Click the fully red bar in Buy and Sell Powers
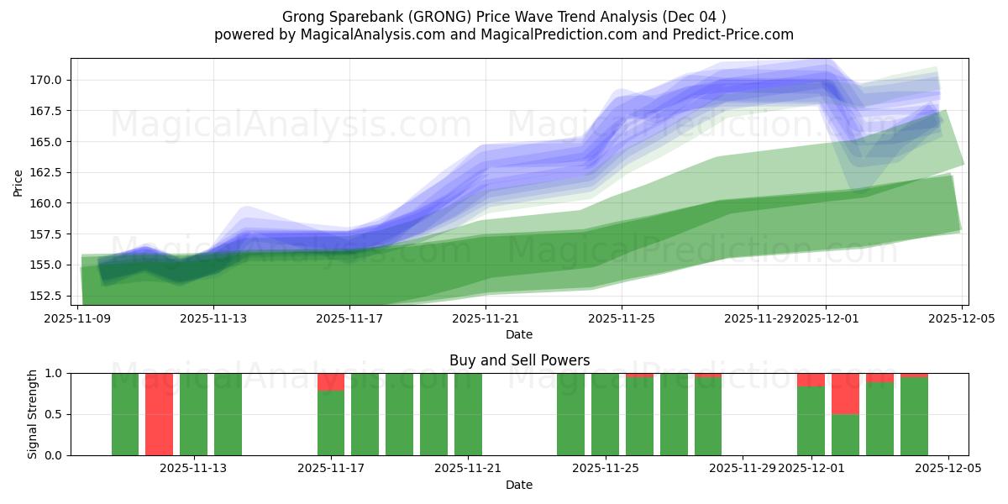click(159, 414)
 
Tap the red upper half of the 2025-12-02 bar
click(845, 394)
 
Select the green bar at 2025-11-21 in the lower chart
click(468, 414)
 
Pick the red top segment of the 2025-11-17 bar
click(331, 382)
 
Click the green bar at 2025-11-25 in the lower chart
click(605, 414)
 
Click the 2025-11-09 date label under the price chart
click(77, 319)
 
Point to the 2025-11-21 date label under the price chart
click(486, 319)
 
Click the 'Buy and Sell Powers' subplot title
click(519, 360)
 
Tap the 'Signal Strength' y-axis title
click(32, 414)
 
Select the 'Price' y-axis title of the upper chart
click(18, 181)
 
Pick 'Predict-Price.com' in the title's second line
click(740, 34)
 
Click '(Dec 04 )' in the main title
click(694, 17)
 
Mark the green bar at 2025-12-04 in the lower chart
click(914, 417)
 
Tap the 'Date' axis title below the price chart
click(519, 334)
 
